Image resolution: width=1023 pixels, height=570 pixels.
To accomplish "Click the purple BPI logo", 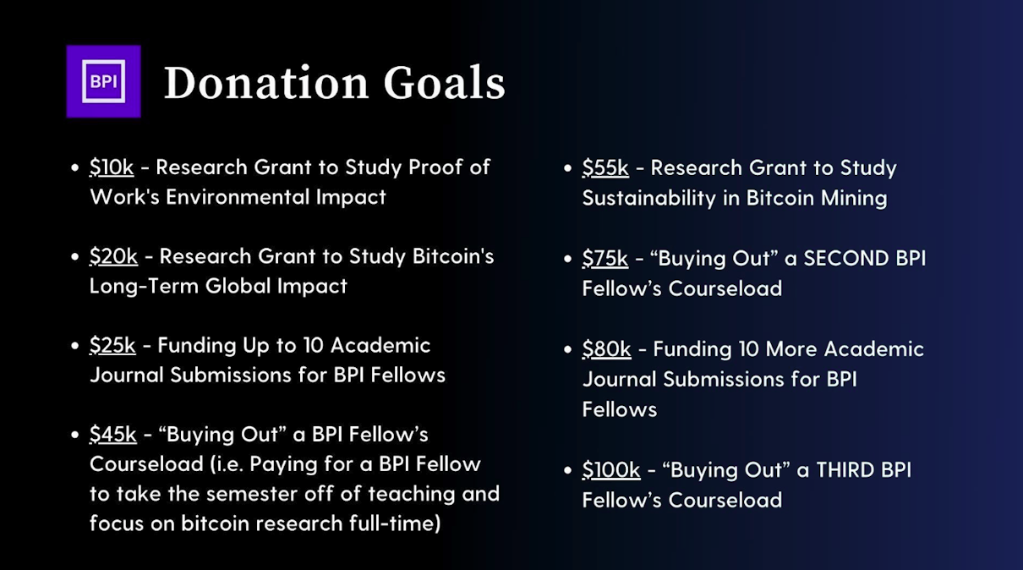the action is [104, 81].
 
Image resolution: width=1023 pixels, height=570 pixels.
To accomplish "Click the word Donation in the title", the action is [266, 83].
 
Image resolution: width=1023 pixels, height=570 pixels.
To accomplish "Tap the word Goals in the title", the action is [445, 83].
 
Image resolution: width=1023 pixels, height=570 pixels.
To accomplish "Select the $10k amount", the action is [112, 167].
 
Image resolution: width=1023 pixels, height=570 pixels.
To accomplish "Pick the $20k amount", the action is [114, 256].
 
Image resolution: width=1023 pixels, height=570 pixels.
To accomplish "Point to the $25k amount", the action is [112, 345].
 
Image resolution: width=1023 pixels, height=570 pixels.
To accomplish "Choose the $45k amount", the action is [113, 435].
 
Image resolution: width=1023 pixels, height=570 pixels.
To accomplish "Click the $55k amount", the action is [605, 167].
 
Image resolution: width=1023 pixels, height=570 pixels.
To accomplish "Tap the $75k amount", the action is [605, 258].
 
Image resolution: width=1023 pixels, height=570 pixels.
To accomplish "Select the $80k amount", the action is [607, 349].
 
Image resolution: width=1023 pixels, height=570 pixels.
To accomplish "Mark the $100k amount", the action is [611, 470].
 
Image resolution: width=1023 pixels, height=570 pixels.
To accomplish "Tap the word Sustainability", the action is [649, 199].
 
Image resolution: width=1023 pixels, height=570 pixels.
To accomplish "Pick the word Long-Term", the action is [144, 287].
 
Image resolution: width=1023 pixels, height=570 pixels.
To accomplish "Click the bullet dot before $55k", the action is [567, 168].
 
